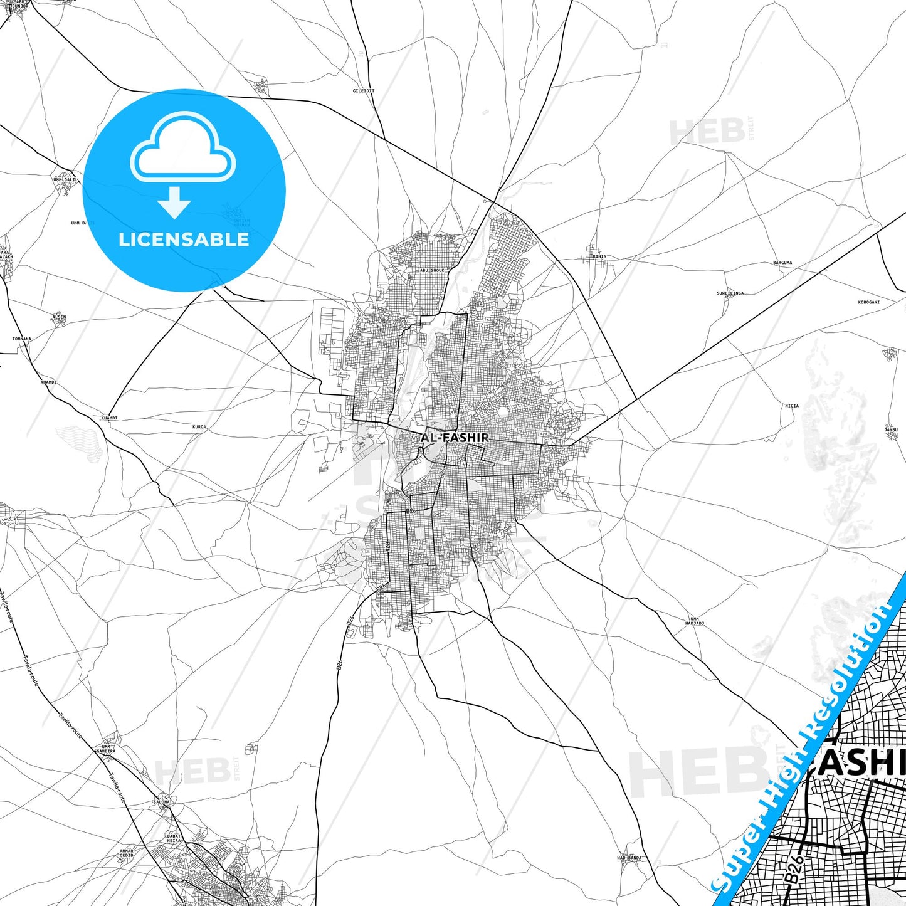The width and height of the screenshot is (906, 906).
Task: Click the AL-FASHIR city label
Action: [455, 438]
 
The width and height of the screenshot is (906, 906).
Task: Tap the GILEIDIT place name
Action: [364, 91]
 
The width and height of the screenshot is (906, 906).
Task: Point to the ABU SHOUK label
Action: [432, 271]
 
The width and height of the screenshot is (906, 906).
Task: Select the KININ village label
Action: [600, 256]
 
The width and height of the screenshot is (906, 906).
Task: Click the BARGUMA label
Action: [782, 263]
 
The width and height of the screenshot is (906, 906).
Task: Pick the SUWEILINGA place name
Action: [730, 293]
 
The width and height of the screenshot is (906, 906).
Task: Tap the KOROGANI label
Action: [868, 302]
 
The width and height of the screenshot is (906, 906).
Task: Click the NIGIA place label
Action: [792, 406]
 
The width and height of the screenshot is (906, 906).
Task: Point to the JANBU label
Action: [891, 429]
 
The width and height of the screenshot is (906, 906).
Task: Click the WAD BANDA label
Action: [629, 858]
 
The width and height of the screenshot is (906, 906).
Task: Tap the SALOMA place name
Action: [162, 802]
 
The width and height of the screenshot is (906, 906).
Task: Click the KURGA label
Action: [199, 427]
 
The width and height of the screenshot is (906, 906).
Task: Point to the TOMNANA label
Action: [22, 339]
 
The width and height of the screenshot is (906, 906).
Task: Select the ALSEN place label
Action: [59, 317]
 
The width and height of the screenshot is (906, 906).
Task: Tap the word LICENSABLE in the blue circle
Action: [184, 239]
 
